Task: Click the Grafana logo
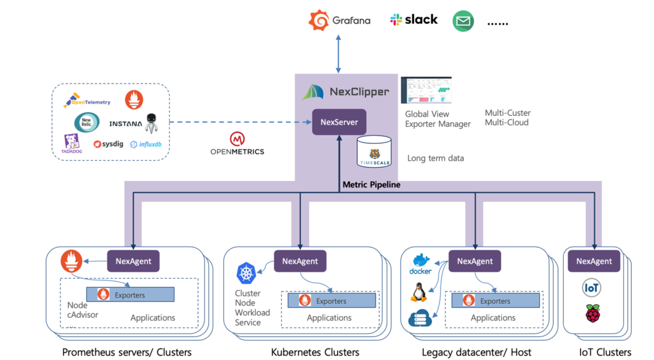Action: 339,21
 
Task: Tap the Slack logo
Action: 414,20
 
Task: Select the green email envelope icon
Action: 463,21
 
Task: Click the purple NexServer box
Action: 339,122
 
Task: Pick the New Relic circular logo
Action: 86,123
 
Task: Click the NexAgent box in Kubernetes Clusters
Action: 300,261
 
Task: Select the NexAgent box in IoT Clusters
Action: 594,261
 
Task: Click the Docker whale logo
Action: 421,264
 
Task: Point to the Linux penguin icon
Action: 418,291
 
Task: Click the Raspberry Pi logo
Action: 592,313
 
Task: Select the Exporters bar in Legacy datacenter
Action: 495,300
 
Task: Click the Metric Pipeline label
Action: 371,184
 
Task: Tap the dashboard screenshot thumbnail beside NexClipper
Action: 426,90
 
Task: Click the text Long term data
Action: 435,158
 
